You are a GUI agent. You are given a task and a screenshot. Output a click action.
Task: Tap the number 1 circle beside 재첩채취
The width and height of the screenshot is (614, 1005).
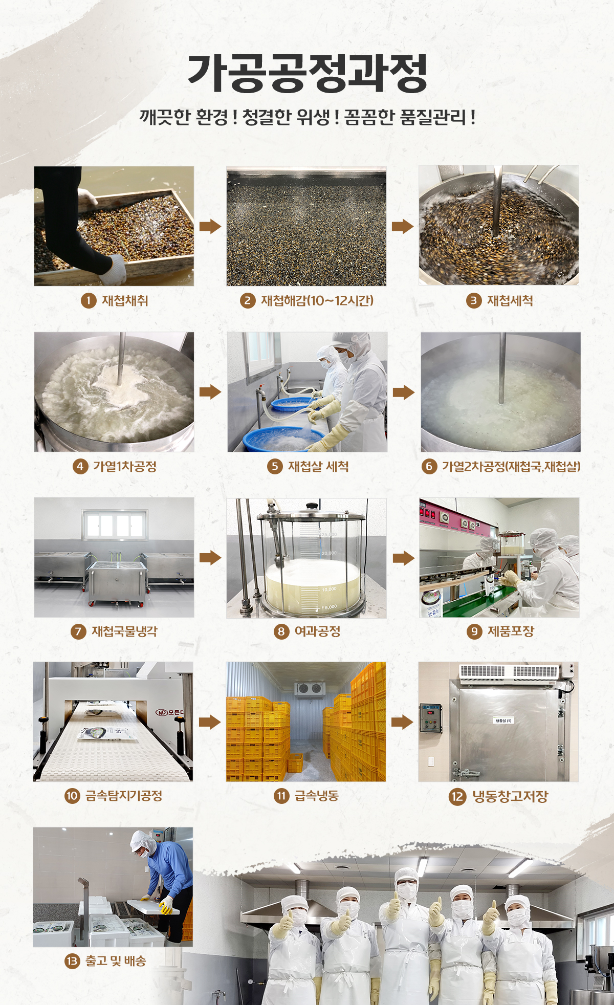coord(89,300)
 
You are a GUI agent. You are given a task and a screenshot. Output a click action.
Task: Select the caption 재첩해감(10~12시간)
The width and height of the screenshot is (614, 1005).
coord(317,300)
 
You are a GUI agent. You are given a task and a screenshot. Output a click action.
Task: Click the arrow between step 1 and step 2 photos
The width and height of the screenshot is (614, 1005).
coord(210,226)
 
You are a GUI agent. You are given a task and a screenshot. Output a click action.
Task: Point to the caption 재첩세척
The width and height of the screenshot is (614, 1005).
coord(510,300)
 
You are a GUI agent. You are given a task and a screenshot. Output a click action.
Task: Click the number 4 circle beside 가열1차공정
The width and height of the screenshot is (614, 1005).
coord(80,466)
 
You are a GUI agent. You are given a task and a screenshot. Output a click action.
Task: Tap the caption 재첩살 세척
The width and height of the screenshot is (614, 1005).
coord(318,466)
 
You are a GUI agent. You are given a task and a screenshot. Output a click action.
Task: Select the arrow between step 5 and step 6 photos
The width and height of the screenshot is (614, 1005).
coord(404,392)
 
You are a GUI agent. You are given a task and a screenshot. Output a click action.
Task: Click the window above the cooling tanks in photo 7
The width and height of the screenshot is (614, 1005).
coord(115,525)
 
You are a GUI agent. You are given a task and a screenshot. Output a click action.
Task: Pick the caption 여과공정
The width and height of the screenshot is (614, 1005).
coord(317,631)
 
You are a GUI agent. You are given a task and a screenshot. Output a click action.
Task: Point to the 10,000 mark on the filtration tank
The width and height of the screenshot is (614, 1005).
coord(329,589)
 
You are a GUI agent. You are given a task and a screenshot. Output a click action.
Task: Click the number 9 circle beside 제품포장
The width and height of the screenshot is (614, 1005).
coord(474,631)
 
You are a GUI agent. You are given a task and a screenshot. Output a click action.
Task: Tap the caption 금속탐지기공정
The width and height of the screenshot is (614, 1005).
coord(123,796)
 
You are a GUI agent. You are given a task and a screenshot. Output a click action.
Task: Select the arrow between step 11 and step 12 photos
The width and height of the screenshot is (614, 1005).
coord(402,722)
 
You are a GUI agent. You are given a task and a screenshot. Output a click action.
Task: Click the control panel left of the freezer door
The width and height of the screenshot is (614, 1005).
coord(431,718)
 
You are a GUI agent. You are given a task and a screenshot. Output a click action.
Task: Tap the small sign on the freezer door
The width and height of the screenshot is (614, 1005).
coord(503,720)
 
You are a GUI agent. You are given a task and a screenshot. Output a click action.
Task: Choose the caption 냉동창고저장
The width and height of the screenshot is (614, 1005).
coord(510,796)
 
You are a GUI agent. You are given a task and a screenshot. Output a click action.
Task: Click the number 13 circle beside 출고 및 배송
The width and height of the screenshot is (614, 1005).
coord(72,961)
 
